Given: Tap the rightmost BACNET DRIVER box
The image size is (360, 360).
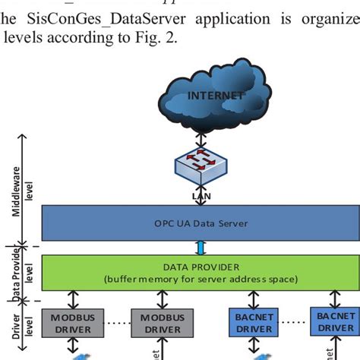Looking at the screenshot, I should point(334,321).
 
